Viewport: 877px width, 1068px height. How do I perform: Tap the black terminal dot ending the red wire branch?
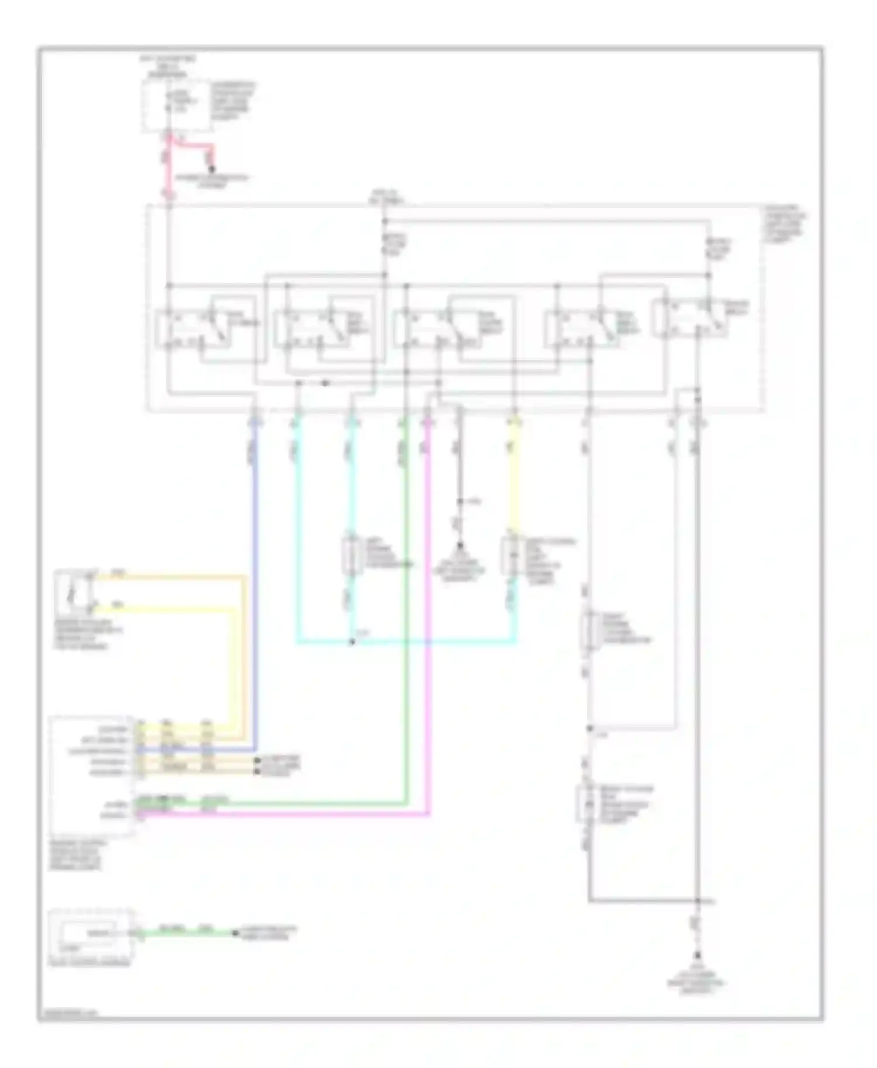tap(212, 169)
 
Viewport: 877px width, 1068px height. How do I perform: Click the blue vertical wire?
tap(255, 584)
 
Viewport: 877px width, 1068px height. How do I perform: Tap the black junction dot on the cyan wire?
tap(352, 643)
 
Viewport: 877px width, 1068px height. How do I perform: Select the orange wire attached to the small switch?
tap(175, 577)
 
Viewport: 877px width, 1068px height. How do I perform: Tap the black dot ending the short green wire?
tap(235, 934)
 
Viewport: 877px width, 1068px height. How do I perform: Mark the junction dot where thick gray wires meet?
tap(697, 901)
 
